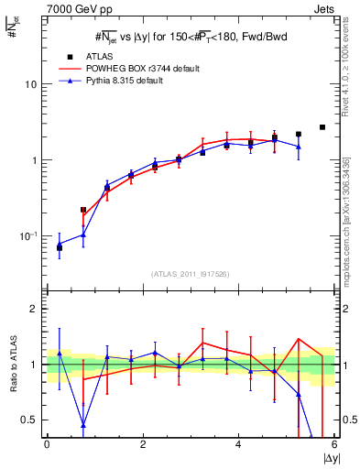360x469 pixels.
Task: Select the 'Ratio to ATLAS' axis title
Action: [11, 364]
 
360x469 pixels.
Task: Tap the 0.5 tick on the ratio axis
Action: [30, 420]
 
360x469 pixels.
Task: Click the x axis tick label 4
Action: [239, 445]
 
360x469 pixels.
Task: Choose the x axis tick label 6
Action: [334, 445]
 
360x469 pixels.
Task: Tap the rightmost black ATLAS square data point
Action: [322, 127]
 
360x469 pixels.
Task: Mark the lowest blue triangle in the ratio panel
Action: [84, 425]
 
